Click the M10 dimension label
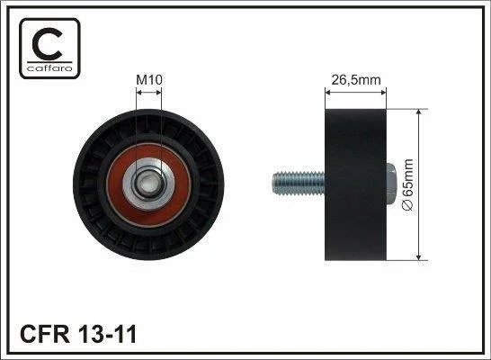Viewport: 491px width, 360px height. pos(149,80)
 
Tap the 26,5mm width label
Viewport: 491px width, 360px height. pos(356,80)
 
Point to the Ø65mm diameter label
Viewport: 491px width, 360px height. pos(408,184)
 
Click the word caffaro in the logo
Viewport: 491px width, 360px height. pos(49,68)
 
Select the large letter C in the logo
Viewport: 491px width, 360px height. pos(47,44)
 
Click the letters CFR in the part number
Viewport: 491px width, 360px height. pos(44,334)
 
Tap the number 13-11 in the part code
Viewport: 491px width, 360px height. pos(107,334)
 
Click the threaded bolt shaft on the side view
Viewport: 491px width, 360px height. pos(299,184)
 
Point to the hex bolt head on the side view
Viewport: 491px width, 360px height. pos(391,184)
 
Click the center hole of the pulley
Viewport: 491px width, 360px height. pos(147,184)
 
